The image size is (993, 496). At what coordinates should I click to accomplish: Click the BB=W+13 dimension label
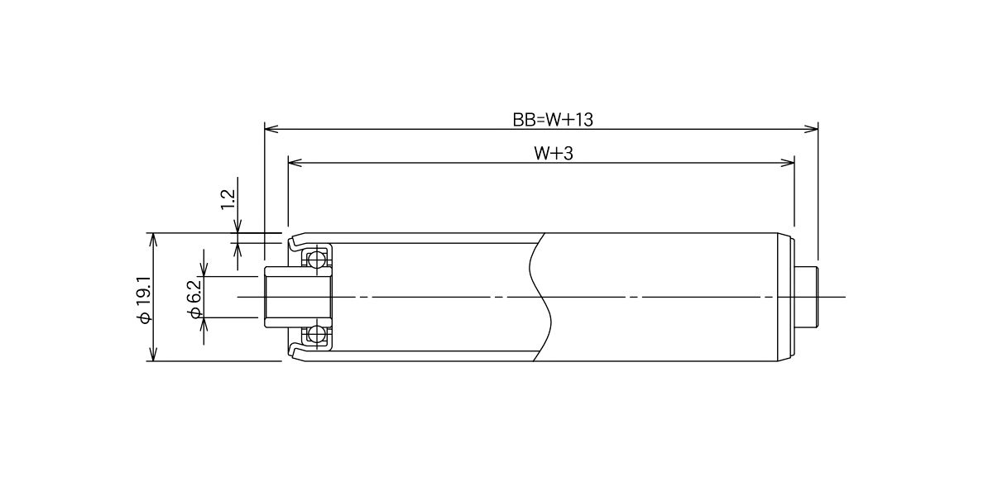click(x=553, y=120)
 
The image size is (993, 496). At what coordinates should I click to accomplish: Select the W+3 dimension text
click(x=554, y=153)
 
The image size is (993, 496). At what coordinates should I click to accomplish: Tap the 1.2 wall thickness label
click(x=228, y=199)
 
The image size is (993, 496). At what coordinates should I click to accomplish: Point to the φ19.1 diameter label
click(x=144, y=299)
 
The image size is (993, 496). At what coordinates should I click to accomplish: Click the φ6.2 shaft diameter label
click(x=195, y=299)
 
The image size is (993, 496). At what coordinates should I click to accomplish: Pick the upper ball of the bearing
click(x=317, y=259)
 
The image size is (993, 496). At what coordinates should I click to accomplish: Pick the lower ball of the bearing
click(x=317, y=335)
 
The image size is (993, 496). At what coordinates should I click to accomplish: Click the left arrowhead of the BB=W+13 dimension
click(x=271, y=129)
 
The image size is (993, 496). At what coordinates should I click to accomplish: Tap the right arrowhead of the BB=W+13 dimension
click(x=811, y=129)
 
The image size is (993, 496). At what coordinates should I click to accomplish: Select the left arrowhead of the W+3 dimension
click(x=295, y=163)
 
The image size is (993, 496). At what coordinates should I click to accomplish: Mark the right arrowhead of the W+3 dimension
click(x=787, y=163)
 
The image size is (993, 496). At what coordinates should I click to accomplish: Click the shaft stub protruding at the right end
click(x=805, y=297)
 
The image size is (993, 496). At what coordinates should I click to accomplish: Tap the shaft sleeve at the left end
click(x=298, y=297)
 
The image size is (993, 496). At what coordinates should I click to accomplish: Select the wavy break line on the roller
click(x=541, y=297)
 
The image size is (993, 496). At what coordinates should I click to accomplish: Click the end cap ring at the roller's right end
click(x=785, y=297)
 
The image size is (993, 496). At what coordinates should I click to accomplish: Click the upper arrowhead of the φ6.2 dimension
click(x=204, y=269)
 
